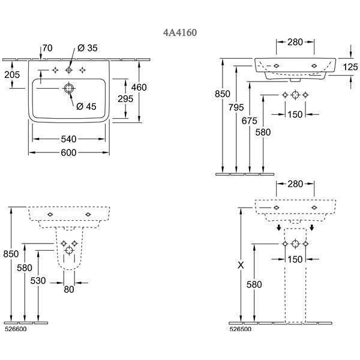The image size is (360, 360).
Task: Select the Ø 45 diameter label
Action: (x=86, y=107)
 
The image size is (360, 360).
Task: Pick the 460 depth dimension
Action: (x=139, y=88)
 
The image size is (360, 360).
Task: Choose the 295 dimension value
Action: (x=124, y=99)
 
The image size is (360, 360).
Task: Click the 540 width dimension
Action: (x=68, y=139)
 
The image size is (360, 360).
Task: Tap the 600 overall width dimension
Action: (x=68, y=153)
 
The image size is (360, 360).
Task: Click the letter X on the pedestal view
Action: (x=241, y=265)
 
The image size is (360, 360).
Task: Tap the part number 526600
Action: (x=15, y=329)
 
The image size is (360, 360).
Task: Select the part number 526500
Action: (x=241, y=329)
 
